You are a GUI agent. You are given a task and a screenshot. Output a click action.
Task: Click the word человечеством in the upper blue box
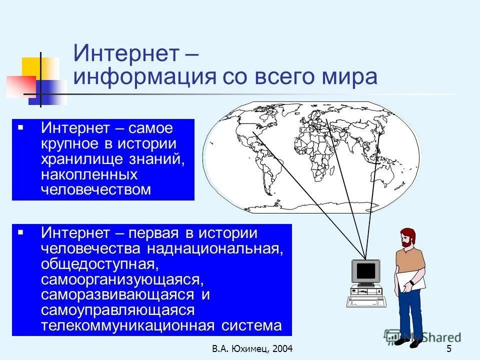point(95,189)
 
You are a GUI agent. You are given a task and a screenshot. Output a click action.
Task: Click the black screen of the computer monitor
point(365,271)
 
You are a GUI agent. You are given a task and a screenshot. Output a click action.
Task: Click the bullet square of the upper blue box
point(20,128)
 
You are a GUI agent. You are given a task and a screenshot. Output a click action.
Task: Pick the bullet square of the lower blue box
point(20,232)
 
